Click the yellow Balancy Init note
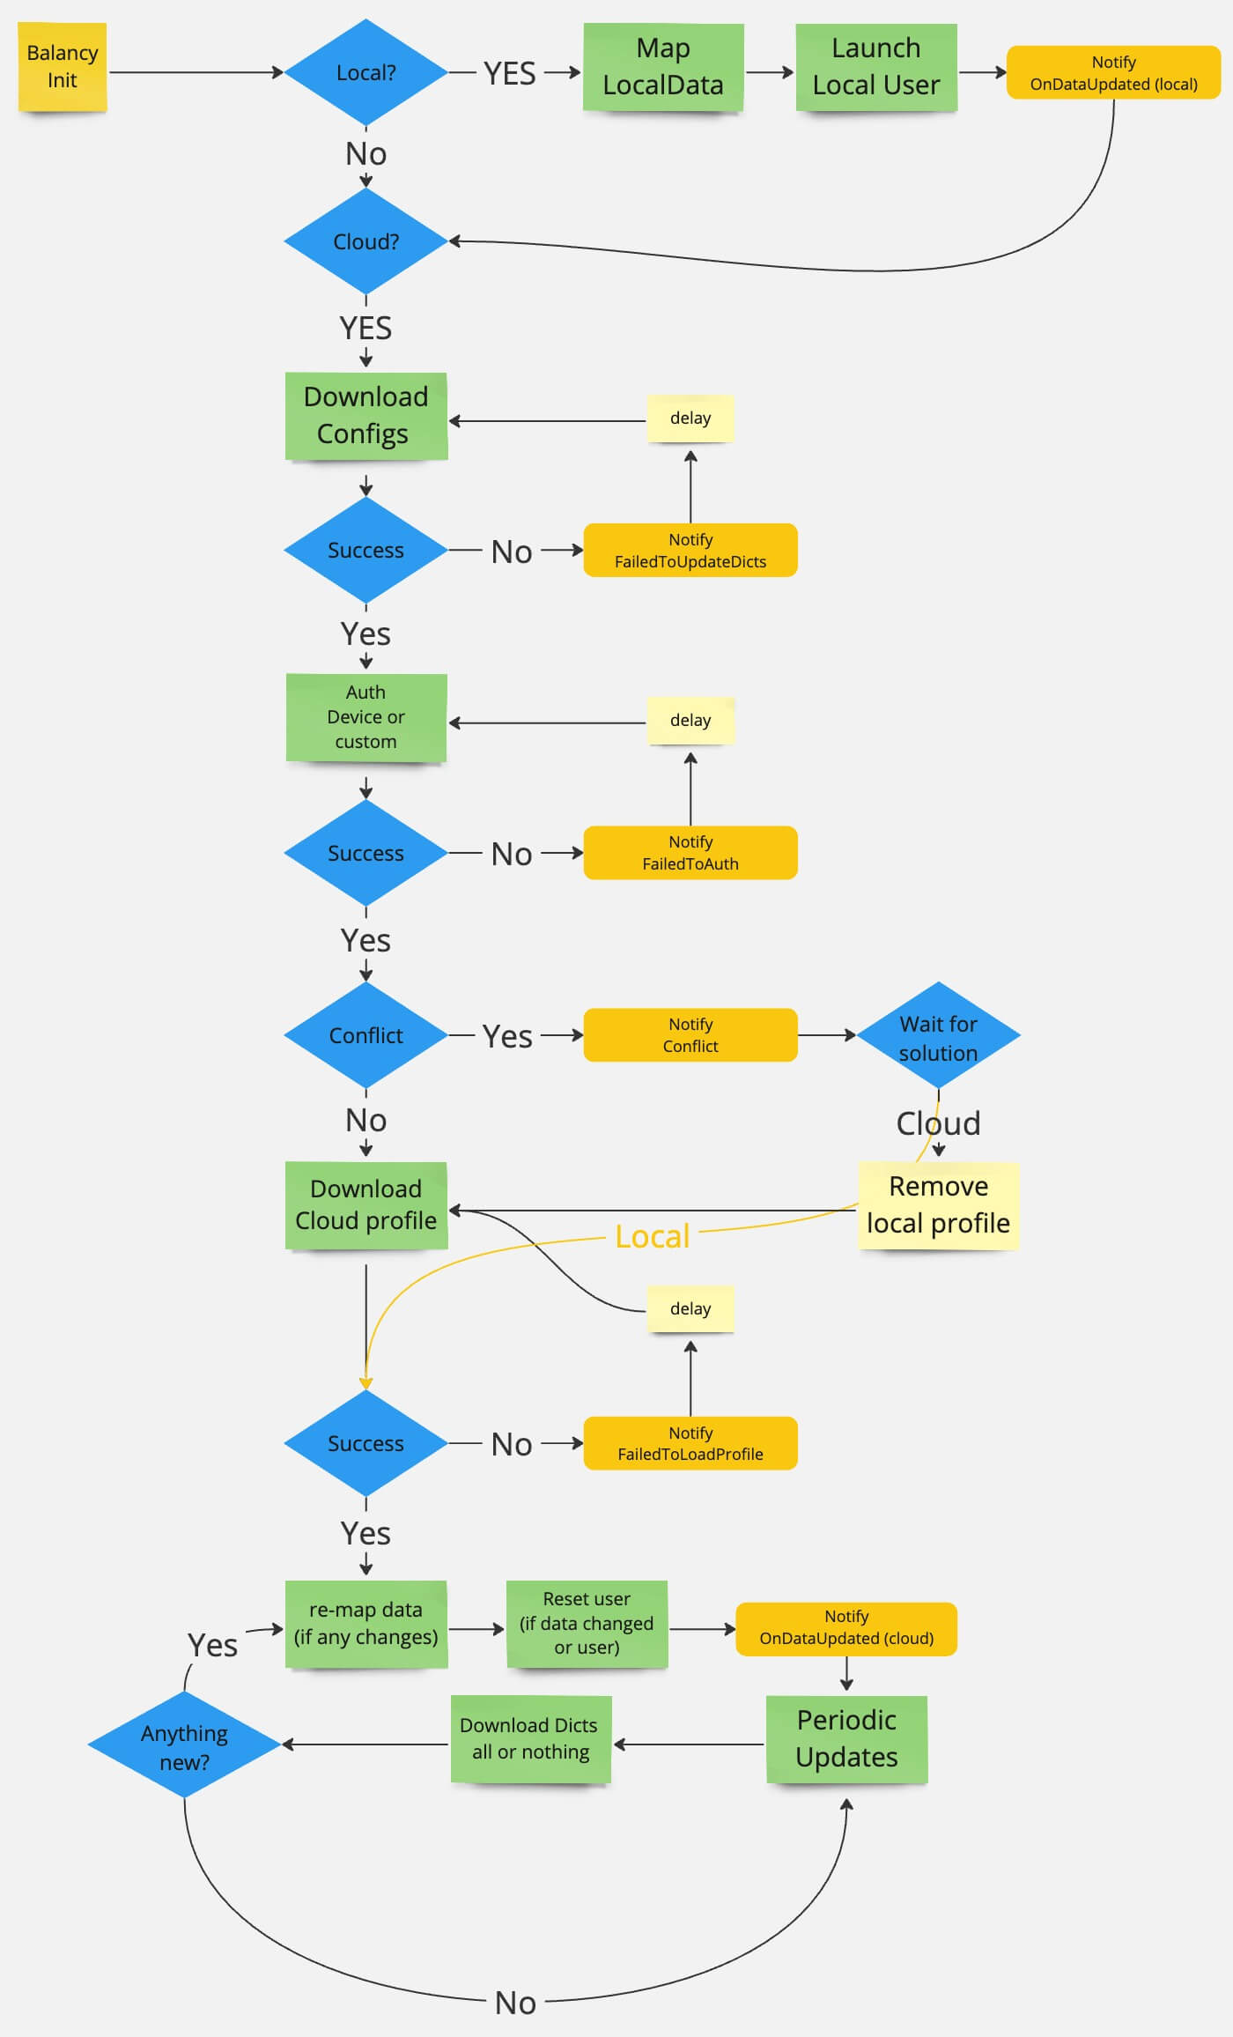click(x=62, y=67)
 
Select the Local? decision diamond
click(x=365, y=72)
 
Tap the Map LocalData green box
click(x=663, y=67)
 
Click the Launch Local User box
click(x=875, y=67)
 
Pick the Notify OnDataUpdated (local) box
click(x=1113, y=73)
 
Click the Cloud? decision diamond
click(x=365, y=241)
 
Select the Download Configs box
click(x=365, y=416)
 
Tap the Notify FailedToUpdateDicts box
click(x=690, y=551)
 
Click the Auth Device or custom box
click(x=365, y=717)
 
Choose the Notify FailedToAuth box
click(x=690, y=853)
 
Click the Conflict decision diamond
click(x=365, y=1035)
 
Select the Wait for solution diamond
click(x=938, y=1037)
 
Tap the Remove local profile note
click(x=938, y=1205)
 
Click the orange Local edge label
click(x=652, y=1237)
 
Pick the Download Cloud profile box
click(x=365, y=1205)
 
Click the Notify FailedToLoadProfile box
click(x=690, y=1443)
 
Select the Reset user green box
click(x=587, y=1624)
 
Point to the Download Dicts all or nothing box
click(x=529, y=1739)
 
